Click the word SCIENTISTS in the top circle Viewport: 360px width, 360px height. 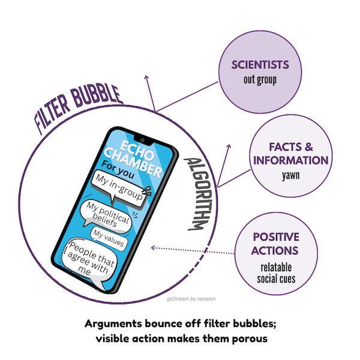[260, 64]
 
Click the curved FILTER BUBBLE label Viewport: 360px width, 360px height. [78, 107]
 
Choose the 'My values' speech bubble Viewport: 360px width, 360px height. [108, 238]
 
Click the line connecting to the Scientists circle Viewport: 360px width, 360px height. [186, 96]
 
